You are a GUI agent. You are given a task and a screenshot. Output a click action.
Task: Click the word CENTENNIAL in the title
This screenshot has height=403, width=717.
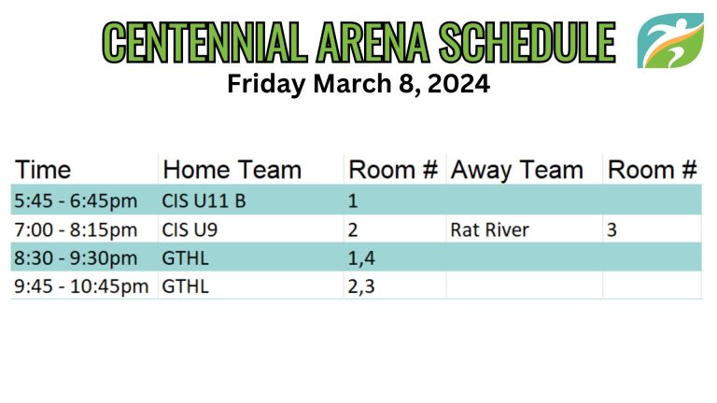click(204, 42)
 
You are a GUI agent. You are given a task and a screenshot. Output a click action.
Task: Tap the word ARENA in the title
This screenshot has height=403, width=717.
click(373, 42)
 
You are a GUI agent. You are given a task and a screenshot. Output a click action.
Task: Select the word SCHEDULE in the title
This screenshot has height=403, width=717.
click(527, 42)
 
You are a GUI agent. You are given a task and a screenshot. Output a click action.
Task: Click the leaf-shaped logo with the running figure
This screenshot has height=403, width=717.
click(670, 41)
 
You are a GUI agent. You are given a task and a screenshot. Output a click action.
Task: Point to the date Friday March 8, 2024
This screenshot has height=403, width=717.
click(358, 84)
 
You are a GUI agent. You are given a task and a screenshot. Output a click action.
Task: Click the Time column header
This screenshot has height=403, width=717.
click(43, 170)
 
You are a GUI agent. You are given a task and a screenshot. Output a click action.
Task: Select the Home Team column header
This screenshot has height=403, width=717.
click(232, 170)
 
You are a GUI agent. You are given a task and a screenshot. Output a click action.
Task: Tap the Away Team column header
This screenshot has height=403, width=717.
click(516, 171)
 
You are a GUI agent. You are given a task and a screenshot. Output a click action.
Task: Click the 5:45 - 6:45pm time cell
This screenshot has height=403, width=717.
click(76, 201)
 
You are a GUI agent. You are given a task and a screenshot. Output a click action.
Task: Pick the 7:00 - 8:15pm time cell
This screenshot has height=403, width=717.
click(76, 229)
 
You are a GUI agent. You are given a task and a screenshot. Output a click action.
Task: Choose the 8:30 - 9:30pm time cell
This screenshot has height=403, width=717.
click(76, 258)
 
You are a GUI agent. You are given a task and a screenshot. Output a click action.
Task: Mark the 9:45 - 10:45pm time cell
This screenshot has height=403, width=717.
click(81, 286)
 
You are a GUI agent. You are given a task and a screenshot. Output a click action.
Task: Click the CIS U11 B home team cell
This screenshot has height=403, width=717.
click(204, 201)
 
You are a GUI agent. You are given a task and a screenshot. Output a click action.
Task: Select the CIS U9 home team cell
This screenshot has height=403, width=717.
click(190, 229)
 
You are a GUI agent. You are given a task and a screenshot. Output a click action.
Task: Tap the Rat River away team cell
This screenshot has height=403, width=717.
click(490, 229)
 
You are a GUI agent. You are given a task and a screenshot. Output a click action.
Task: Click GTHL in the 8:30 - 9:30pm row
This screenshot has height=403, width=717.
click(185, 258)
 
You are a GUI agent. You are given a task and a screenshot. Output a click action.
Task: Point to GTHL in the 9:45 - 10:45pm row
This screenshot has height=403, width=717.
click(185, 286)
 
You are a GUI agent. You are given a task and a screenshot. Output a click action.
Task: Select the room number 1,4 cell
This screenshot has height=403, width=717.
click(361, 258)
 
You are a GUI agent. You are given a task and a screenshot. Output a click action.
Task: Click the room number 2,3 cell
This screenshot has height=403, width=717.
click(361, 287)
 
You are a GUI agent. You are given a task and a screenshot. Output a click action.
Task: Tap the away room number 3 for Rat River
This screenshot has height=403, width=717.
click(612, 229)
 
